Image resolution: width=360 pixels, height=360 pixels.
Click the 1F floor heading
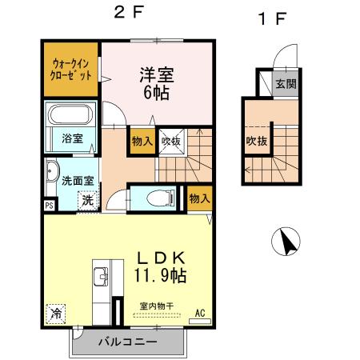coord(271,18)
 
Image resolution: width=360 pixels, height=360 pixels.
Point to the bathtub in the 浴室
coord(71,115)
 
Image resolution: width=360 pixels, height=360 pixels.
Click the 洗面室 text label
coord(78,180)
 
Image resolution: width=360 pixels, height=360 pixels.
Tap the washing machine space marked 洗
coord(86,200)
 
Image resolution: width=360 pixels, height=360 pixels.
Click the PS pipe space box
coord(49,206)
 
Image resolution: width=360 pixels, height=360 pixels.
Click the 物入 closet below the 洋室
coord(142,141)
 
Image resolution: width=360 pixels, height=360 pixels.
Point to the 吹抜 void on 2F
coord(170,141)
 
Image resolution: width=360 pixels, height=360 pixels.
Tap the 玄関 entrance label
coord(286,83)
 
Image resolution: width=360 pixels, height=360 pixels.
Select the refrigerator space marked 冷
coord(56,313)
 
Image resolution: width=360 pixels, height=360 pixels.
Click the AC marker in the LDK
coord(200,312)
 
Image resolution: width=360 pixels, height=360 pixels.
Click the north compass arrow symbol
coord(286,240)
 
